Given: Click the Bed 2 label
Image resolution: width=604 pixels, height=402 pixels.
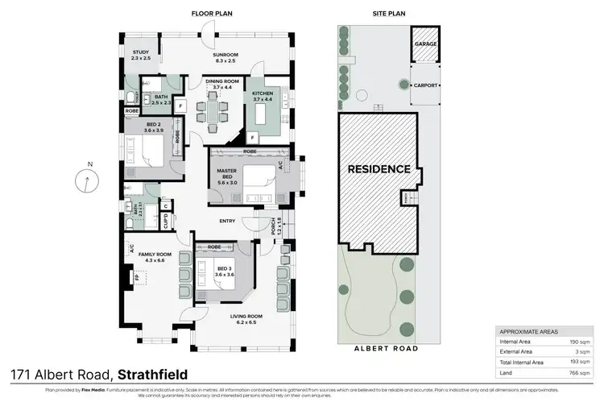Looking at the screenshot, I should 142,126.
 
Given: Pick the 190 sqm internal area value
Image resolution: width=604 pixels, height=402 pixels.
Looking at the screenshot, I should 573,341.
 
